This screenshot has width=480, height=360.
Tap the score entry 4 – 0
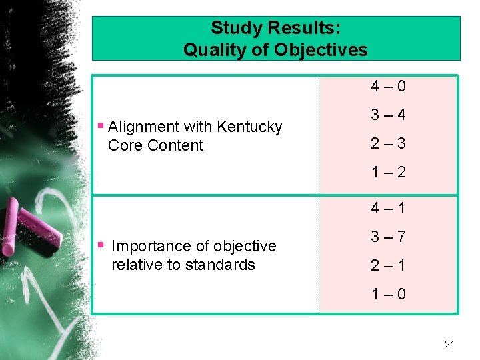point(389,87)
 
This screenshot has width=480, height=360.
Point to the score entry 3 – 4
point(389,115)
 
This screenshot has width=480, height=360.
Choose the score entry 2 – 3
point(389,144)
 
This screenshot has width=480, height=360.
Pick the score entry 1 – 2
point(389,173)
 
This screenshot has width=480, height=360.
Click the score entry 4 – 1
point(389,209)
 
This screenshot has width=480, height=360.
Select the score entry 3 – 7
point(389,237)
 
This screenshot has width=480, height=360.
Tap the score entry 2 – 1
point(389,266)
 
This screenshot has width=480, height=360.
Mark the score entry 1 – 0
point(389,295)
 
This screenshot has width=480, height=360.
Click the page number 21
point(449,344)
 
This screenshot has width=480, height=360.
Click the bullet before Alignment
point(100,125)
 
